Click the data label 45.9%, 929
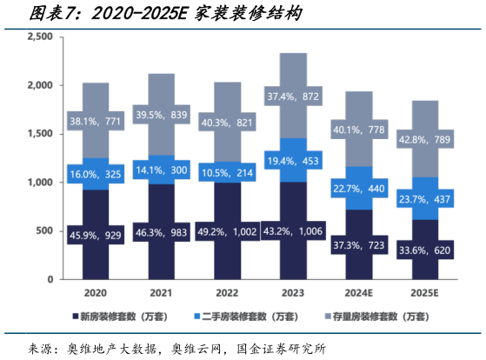(x=96, y=235)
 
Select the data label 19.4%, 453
(x=293, y=162)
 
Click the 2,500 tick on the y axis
(x=41, y=37)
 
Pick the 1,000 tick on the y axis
(x=41, y=183)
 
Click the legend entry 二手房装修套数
(x=256, y=318)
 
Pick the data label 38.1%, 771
(x=96, y=122)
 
